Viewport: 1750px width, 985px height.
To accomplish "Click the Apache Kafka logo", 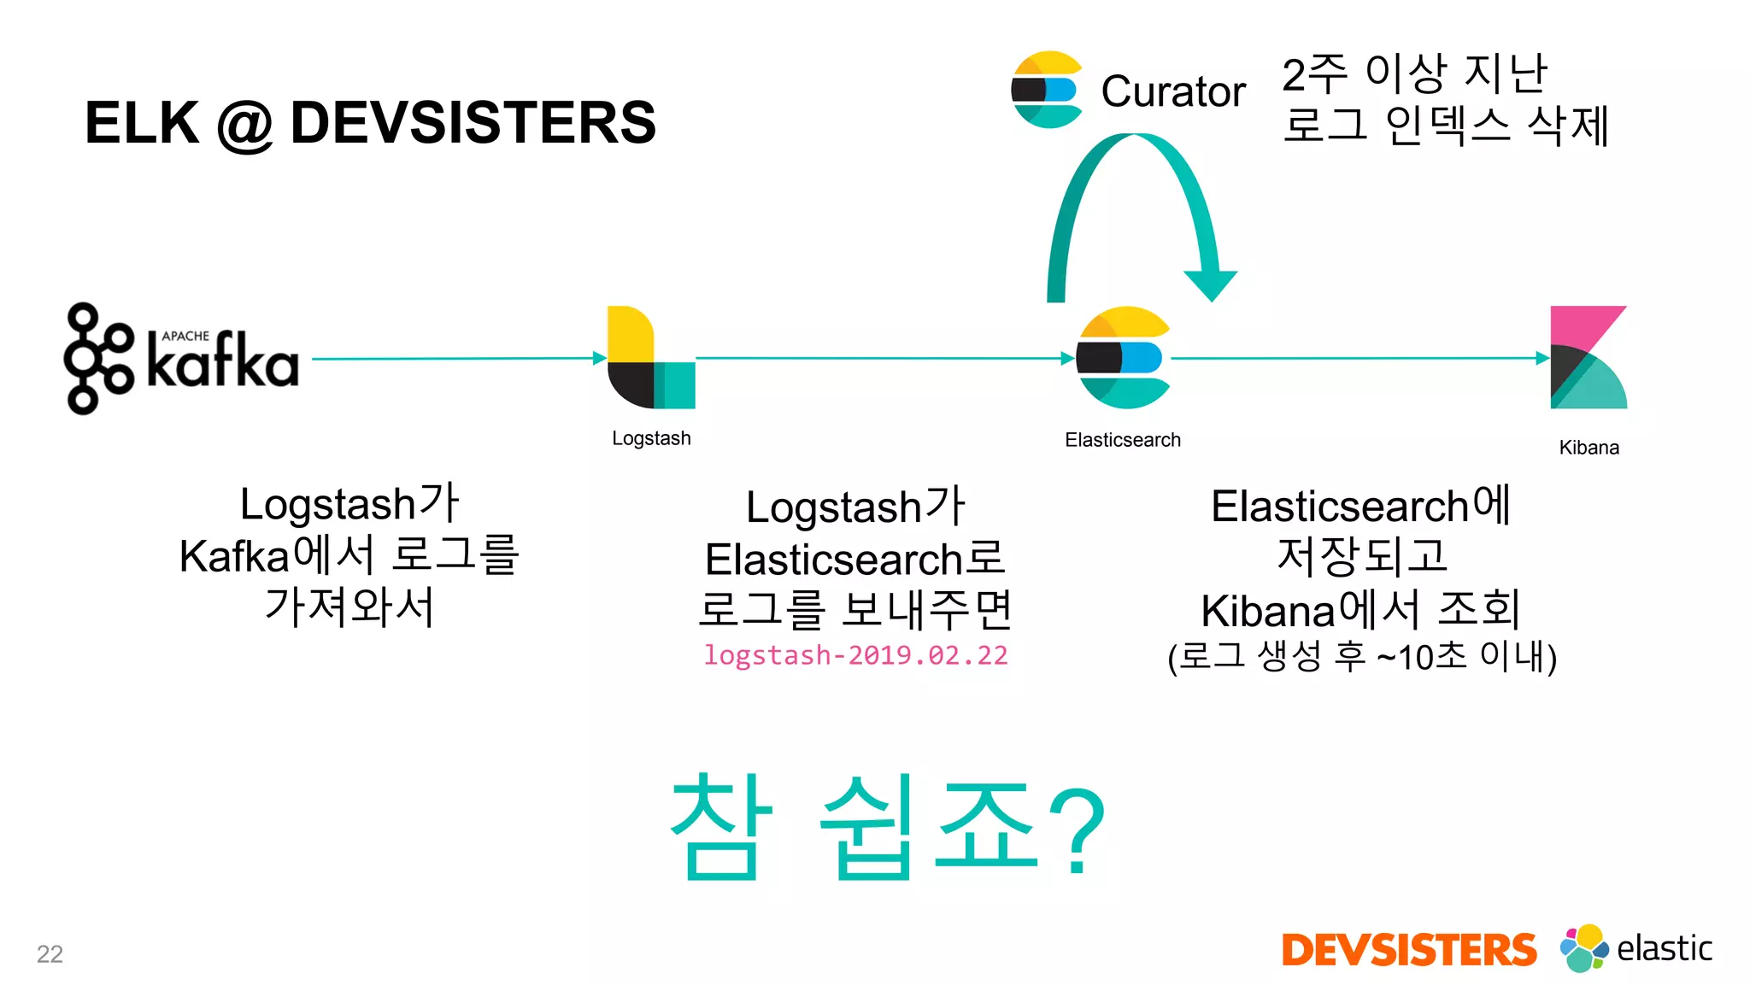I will tap(181, 359).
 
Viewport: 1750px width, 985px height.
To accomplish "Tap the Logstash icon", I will tap(650, 357).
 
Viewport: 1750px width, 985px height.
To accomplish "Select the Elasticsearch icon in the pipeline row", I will tap(1123, 357).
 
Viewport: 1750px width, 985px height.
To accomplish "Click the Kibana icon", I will tap(1588, 357).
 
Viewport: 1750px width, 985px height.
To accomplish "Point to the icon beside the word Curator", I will tap(1047, 90).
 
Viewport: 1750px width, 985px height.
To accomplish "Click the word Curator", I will tap(1172, 91).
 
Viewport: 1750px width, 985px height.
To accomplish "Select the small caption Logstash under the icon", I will tap(651, 438).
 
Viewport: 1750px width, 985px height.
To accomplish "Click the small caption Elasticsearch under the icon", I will tap(1122, 440).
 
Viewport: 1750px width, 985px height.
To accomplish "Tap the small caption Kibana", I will tap(1589, 448).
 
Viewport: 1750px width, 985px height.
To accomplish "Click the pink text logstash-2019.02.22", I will tap(855, 655).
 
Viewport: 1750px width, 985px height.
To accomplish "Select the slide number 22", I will tap(50, 953).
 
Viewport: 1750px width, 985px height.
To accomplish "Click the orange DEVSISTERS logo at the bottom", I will tap(1408, 950).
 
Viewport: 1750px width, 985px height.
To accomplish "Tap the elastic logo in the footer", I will tap(1635, 948).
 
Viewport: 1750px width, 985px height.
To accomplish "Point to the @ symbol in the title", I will tap(244, 125).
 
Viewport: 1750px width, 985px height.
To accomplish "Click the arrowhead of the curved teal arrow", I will tap(1210, 285).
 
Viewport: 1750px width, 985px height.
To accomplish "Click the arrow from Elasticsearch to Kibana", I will tap(1359, 359).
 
